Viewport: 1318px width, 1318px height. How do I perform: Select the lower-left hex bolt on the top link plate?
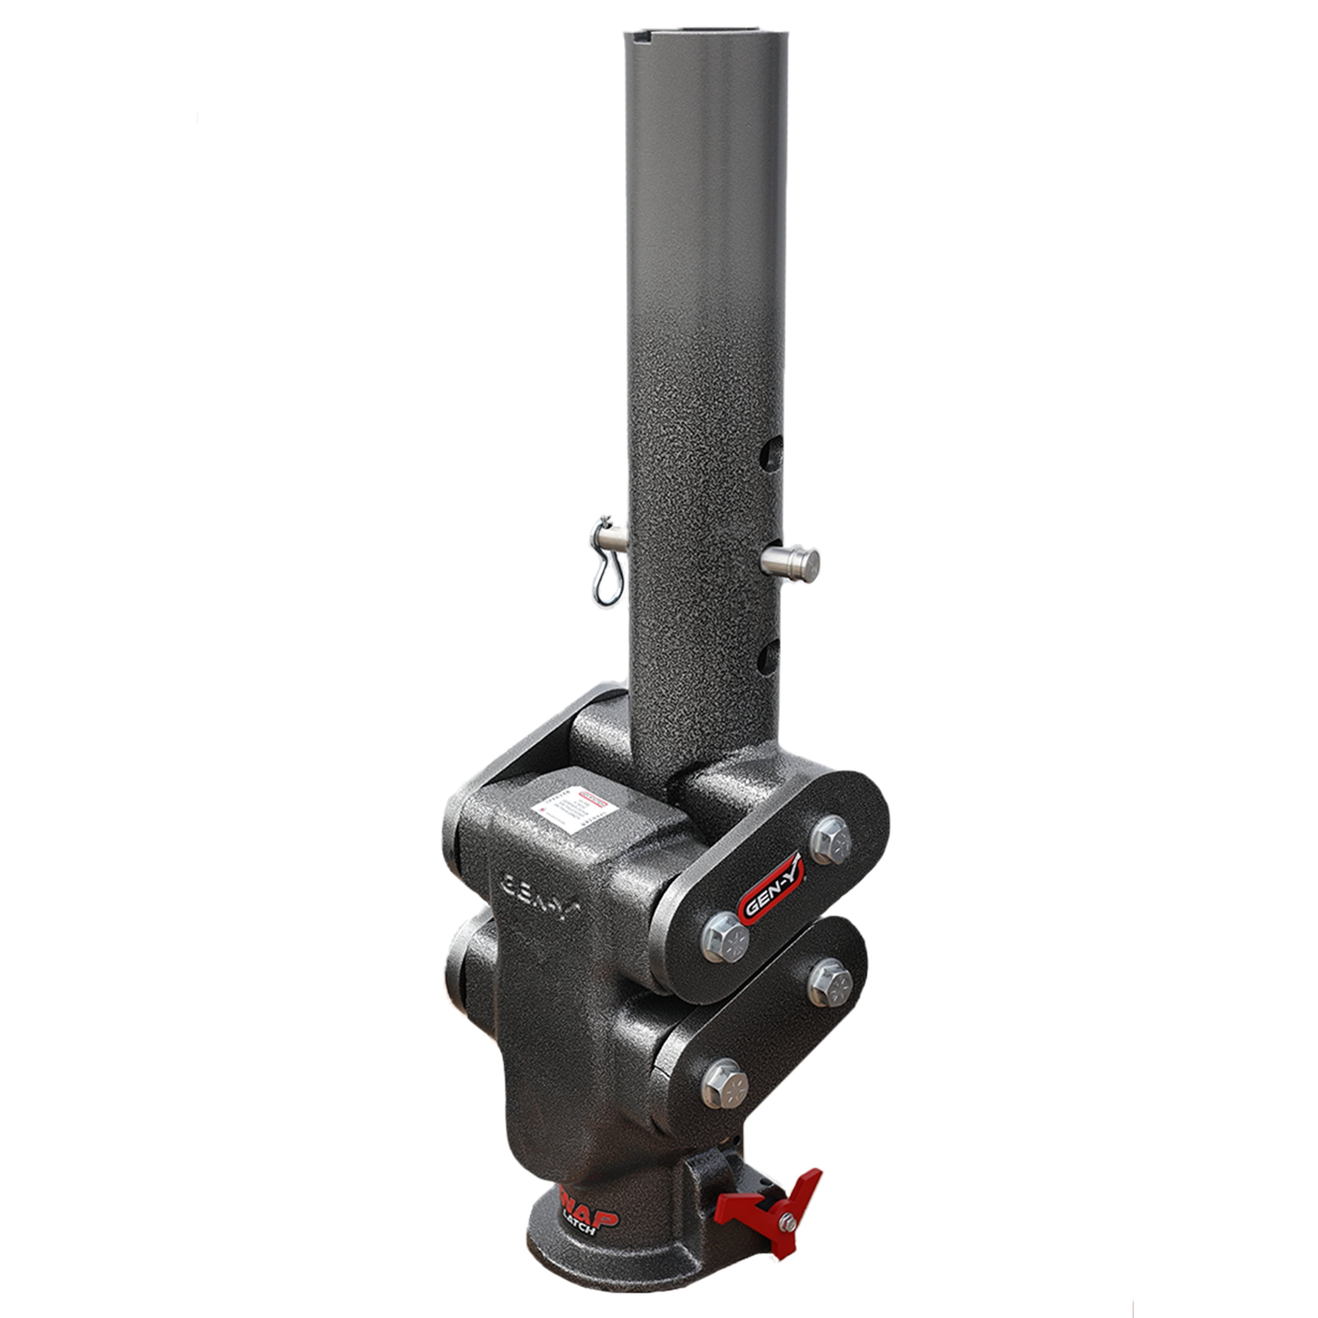pos(724,937)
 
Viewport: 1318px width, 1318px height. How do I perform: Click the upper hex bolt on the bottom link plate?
pos(830,984)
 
